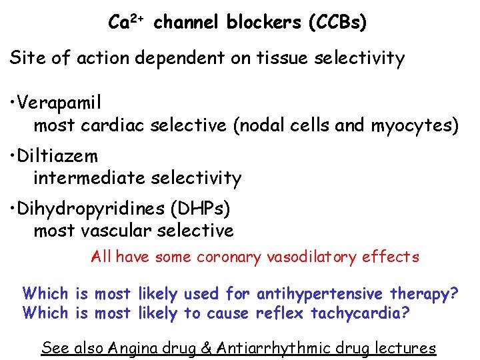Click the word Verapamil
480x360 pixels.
pos(61,103)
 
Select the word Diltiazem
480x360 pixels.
pos(59,157)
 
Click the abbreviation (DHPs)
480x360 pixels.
pos(201,209)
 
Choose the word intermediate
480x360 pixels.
pos(90,178)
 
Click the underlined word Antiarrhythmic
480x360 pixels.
pos(277,347)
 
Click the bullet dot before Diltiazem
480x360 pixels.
pos(13,157)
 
